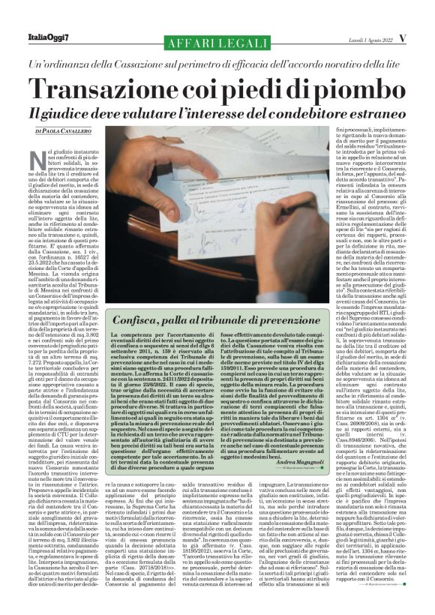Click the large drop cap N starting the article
click(x=44, y=159)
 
